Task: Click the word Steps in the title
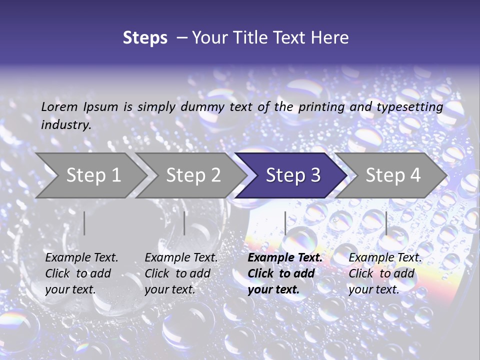coord(145,38)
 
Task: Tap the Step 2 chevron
coord(193,175)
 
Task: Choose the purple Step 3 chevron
coord(293,175)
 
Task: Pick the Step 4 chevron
coord(393,175)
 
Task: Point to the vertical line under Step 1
coord(84,223)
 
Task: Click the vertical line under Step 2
coord(184,223)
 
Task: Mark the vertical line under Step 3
coord(285,223)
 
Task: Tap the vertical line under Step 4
coord(386,223)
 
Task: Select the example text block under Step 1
coord(81,273)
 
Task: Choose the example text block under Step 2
coord(181,273)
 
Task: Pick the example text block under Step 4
coord(385,273)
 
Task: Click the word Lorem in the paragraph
coord(59,107)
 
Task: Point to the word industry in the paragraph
coord(65,125)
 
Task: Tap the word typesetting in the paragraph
coord(409,107)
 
